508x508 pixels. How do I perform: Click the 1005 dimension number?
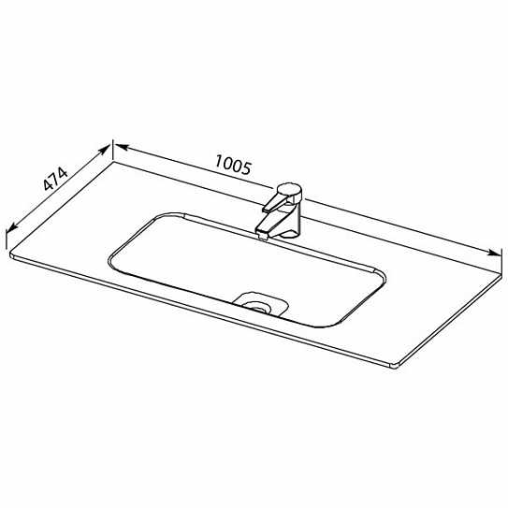coord(233,165)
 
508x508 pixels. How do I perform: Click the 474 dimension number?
coord(55,179)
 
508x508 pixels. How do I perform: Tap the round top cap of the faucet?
coord(289,190)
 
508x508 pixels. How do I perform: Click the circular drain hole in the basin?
coord(257,306)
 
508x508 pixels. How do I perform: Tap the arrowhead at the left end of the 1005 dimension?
coord(122,148)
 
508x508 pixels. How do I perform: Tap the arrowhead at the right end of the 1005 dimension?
coord(494,253)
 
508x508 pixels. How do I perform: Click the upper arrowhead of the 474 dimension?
coord(105,151)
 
